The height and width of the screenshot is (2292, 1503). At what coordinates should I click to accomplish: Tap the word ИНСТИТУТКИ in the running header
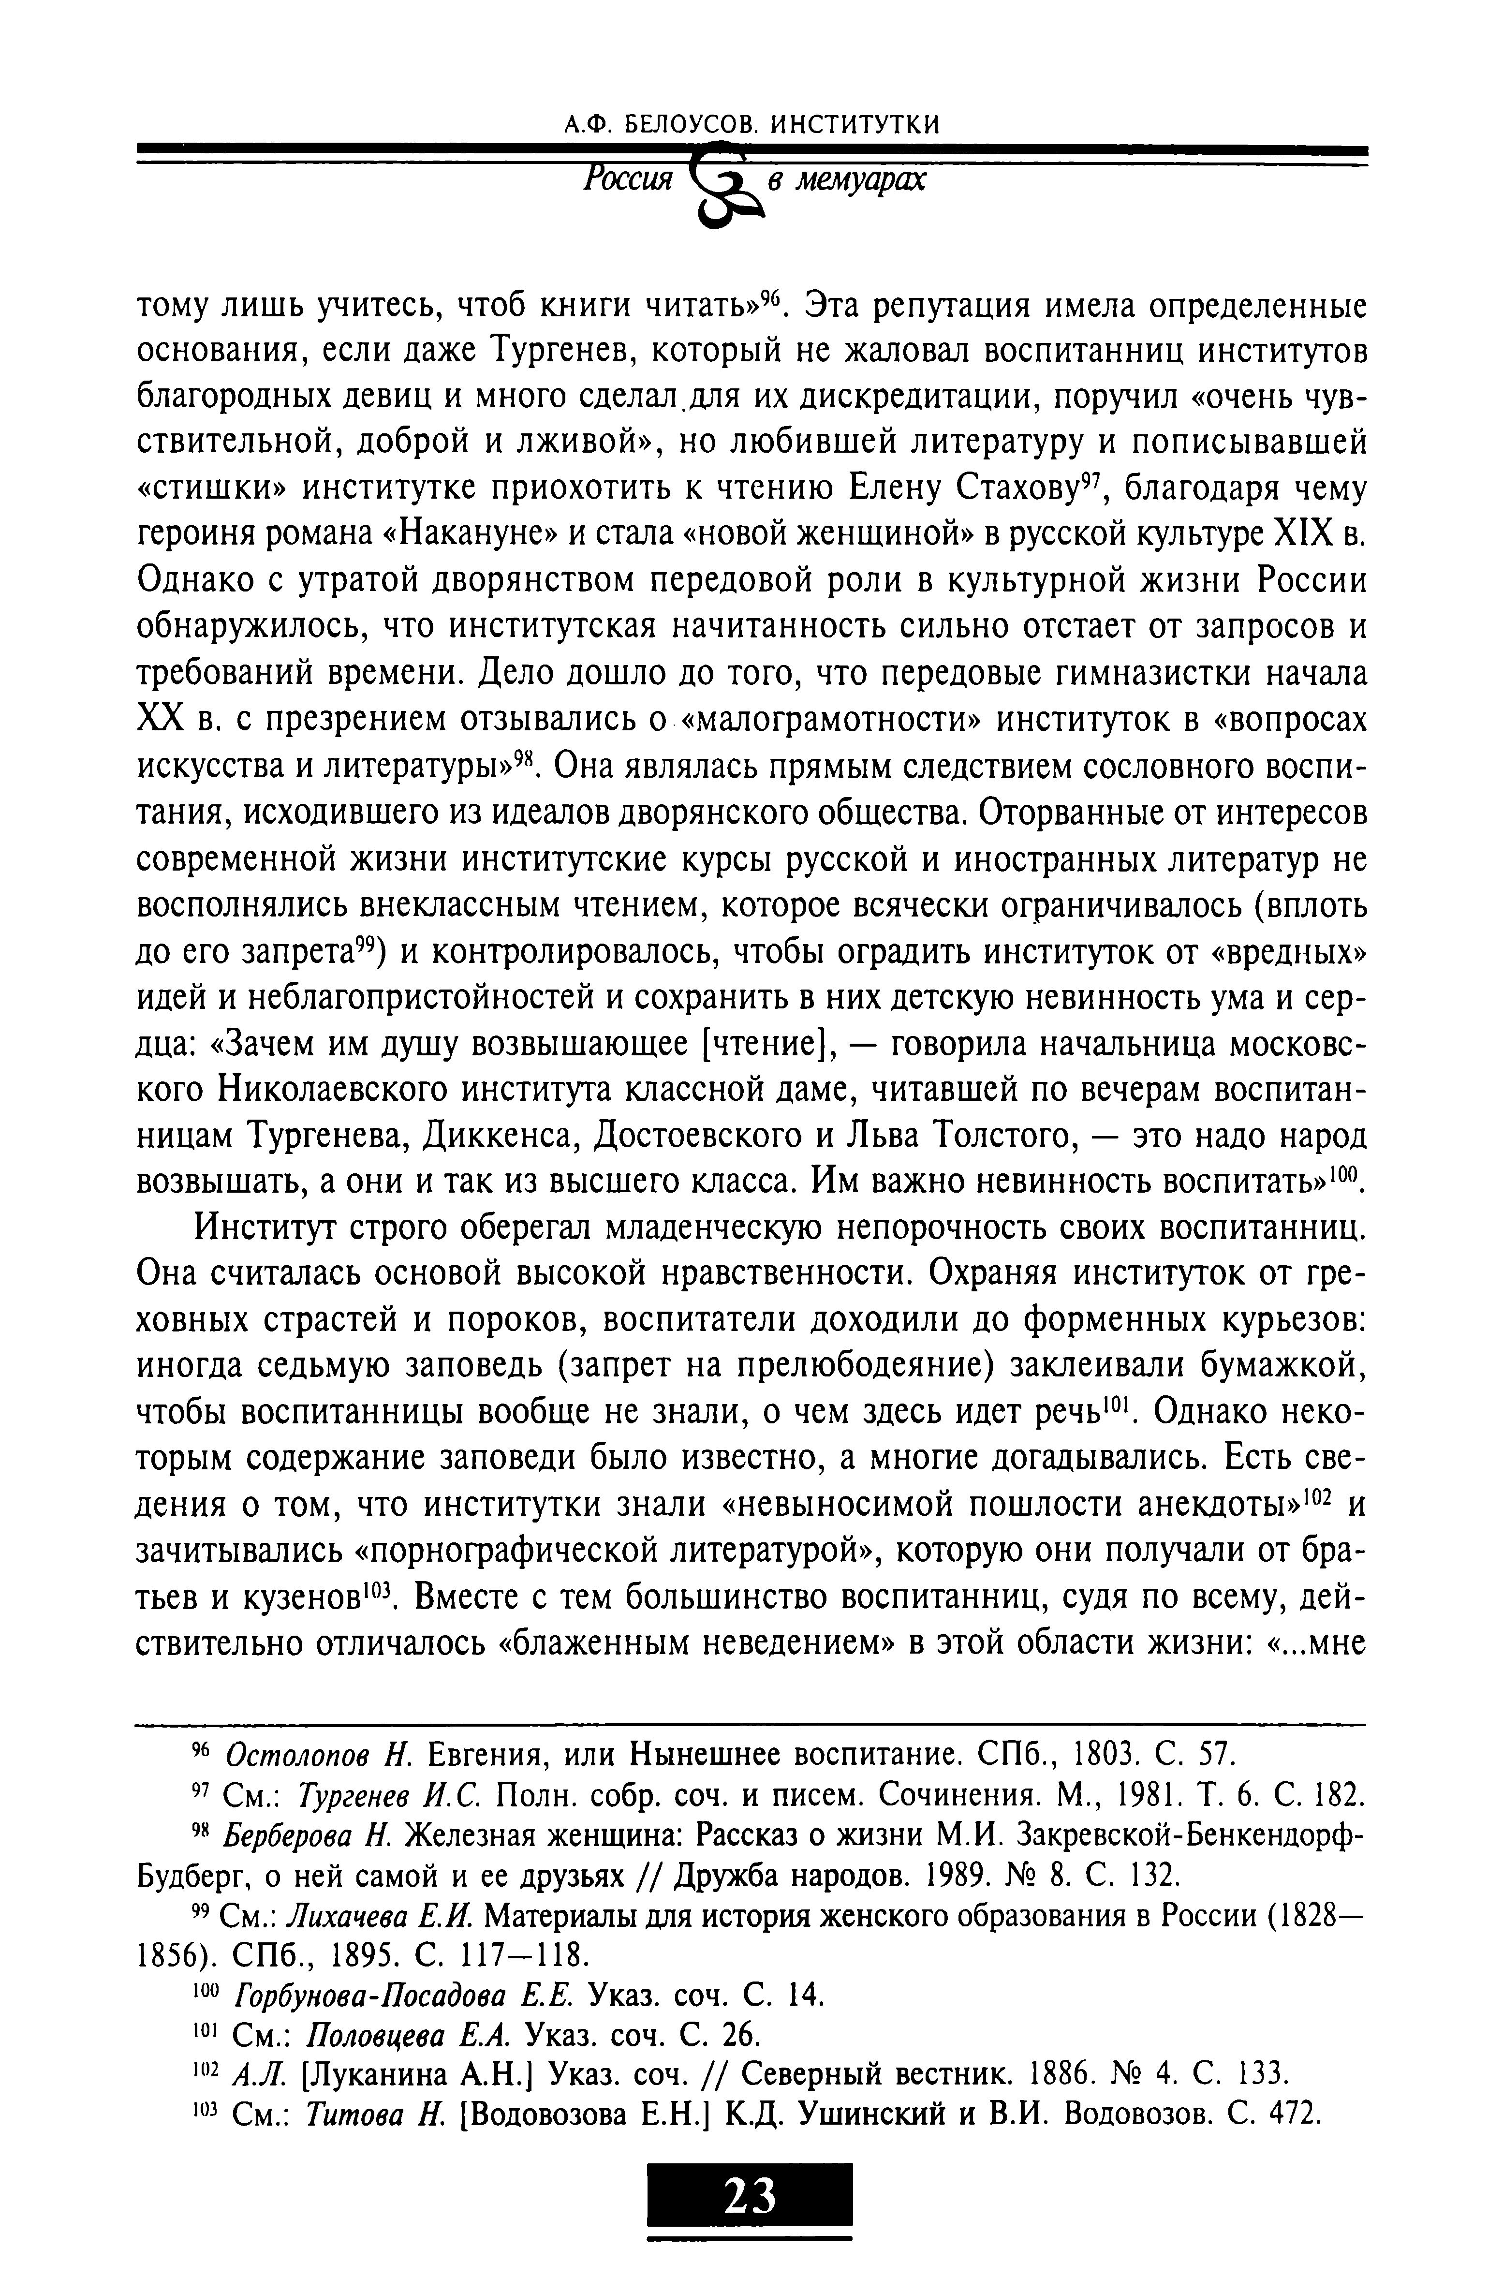pyautogui.click(x=857, y=124)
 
